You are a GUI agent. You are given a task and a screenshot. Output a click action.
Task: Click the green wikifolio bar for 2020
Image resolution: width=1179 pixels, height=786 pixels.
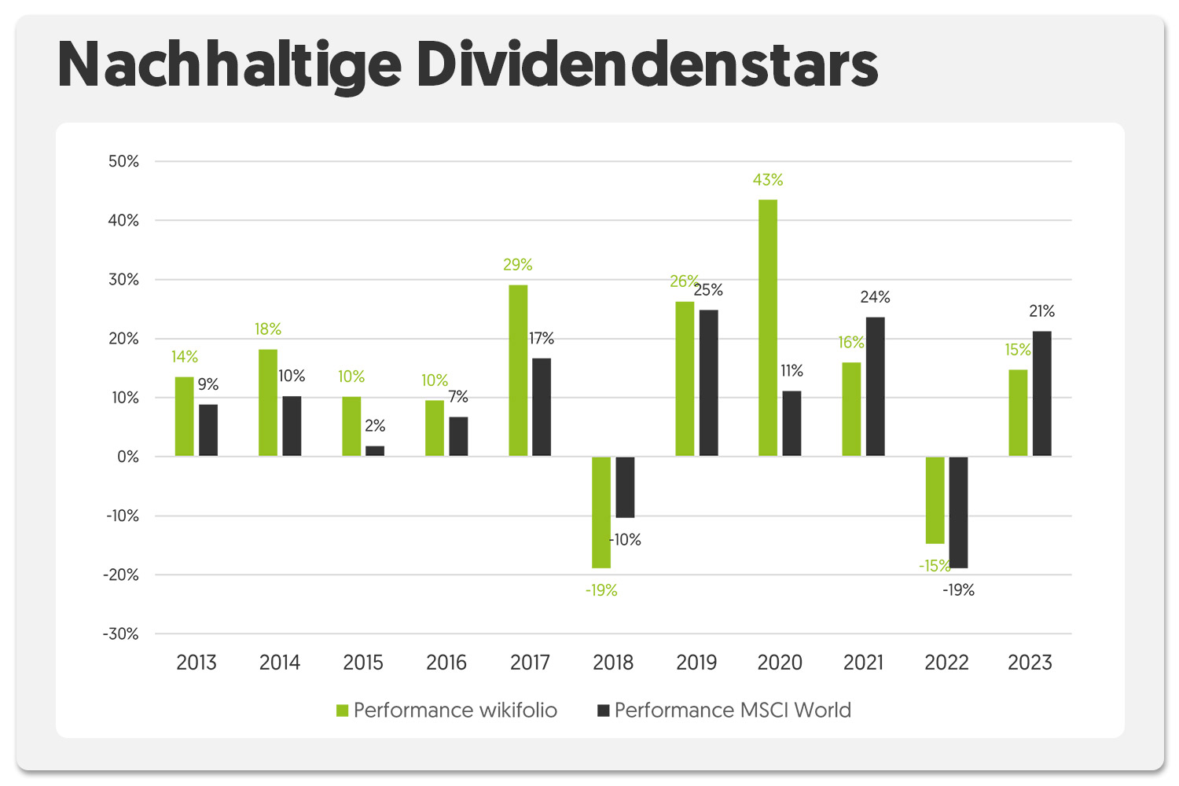(x=768, y=328)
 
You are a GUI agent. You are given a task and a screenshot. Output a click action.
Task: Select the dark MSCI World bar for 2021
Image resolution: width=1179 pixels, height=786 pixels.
(x=875, y=387)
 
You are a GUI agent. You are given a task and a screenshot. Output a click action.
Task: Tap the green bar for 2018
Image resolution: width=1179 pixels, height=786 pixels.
(x=601, y=512)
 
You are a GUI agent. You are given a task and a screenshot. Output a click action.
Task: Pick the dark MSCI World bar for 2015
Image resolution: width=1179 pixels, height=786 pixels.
(x=375, y=451)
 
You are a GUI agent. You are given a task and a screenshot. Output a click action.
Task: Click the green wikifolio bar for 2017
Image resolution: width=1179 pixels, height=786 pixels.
(x=518, y=370)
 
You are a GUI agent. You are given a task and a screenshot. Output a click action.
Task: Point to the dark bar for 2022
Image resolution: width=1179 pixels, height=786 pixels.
(x=958, y=512)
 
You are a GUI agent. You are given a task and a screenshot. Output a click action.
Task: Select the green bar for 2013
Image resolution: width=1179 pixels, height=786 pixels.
(x=185, y=417)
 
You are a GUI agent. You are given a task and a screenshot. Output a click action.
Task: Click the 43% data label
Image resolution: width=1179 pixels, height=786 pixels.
(x=768, y=180)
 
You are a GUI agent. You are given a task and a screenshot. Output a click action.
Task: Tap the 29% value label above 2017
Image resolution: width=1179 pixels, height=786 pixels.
(x=518, y=265)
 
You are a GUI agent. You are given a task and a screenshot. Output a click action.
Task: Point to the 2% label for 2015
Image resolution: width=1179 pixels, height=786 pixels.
(x=375, y=426)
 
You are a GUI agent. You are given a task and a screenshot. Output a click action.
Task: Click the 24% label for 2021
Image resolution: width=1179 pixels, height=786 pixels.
(x=875, y=297)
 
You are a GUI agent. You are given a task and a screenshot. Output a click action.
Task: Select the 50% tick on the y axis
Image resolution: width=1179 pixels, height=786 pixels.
(x=123, y=161)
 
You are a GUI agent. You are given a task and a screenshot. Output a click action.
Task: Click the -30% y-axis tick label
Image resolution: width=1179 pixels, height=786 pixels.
(x=120, y=634)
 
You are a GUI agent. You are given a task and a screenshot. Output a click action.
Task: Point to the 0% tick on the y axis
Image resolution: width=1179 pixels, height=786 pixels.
(x=127, y=457)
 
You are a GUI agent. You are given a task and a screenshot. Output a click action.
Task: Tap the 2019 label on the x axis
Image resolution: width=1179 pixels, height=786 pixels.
(x=696, y=663)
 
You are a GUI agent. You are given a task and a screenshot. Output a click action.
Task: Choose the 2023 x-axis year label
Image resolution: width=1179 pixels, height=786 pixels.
(x=1030, y=663)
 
